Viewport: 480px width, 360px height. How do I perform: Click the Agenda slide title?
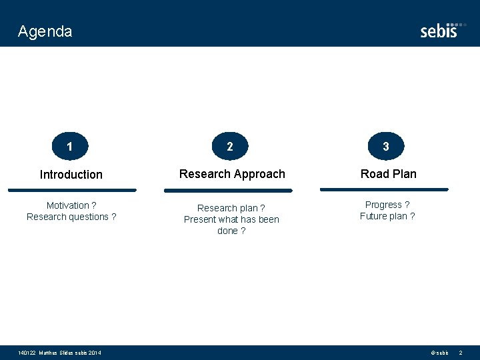point(45,31)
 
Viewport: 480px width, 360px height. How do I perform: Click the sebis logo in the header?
point(441,30)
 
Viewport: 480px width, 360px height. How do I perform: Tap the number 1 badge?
point(70,146)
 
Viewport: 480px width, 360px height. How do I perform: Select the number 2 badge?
point(230,146)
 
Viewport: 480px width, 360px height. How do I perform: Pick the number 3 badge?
point(386,145)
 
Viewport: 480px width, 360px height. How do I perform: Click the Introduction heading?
point(71,175)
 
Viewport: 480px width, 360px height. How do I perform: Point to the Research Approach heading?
point(232,174)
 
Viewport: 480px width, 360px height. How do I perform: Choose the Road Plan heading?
point(388,174)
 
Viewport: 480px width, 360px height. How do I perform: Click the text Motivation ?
point(71,205)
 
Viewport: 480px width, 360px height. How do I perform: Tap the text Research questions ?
point(71,217)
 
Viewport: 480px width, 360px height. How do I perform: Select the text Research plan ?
point(231,208)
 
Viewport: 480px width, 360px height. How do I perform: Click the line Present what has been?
point(231,219)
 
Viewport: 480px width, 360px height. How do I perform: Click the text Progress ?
point(387,205)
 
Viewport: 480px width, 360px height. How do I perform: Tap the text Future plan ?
point(387,216)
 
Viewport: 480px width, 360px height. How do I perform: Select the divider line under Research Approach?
point(229,191)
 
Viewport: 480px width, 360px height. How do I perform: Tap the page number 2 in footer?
point(460,353)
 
